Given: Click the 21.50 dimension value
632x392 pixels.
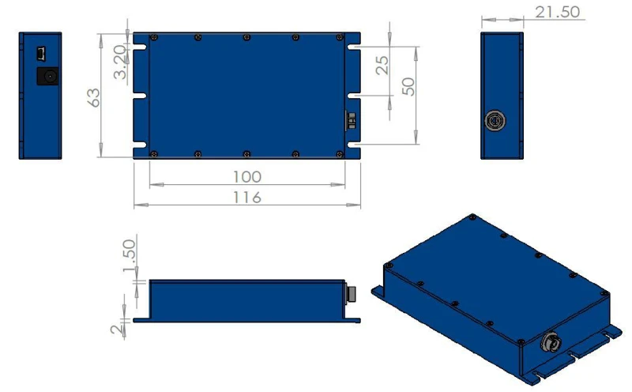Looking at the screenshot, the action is pyautogui.click(x=558, y=12).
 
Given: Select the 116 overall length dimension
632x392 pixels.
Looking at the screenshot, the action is pyautogui.click(x=247, y=198).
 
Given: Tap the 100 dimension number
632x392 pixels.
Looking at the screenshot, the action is pyautogui.click(x=247, y=177).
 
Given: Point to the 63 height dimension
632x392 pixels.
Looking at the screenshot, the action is pyautogui.click(x=93, y=97).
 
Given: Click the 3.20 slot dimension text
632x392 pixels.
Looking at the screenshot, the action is pyautogui.click(x=120, y=62).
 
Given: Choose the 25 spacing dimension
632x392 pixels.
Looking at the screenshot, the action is pyautogui.click(x=382, y=66).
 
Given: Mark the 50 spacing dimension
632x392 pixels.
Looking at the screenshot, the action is pyautogui.click(x=408, y=87).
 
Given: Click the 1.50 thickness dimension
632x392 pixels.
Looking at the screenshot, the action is pyautogui.click(x=129, y=256).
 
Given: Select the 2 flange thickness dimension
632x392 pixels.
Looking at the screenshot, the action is pyautogui.click(x=116, y=330).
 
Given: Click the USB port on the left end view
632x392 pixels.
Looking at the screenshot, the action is pyautogui.click(x=41, y=54).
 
